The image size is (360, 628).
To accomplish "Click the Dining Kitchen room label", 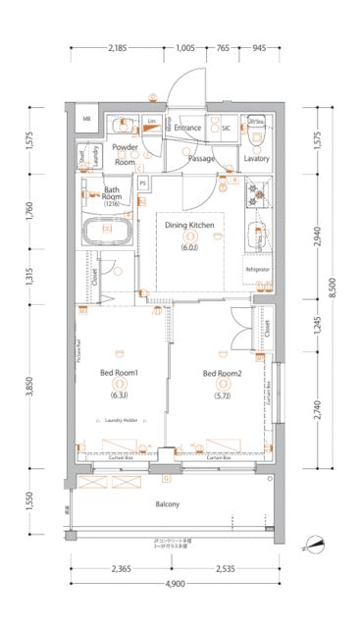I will point(189,226).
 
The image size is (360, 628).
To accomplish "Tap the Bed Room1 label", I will point(119,373).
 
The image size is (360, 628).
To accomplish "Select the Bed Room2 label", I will point(222,373).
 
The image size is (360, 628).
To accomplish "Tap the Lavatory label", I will point(257,158).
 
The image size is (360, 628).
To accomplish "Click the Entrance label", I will point(188,128).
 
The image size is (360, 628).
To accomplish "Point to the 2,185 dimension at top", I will point(118,47).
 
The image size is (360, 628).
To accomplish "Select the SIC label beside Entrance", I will point(226,128).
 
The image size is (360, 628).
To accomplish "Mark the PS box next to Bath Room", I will point(143,183).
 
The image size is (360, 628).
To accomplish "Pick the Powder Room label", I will point(125,153).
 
